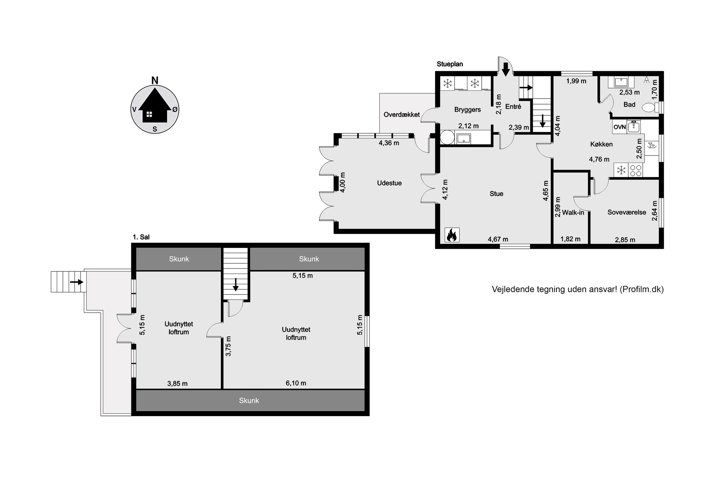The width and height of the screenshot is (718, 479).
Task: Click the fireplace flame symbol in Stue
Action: [x=452, y=235]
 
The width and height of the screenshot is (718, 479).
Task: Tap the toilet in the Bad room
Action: [x=650, y=108]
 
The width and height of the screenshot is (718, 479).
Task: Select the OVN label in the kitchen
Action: [x=619, y=127]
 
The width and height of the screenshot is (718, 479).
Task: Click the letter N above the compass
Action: [x=155, y=81]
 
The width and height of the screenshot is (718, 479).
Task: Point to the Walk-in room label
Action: [x=573, y=213]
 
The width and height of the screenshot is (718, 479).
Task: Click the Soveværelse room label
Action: [x=627, y=212]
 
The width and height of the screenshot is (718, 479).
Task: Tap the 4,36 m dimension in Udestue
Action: [x=389, y=143]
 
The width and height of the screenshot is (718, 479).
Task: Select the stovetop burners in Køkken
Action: [x=636, y=171]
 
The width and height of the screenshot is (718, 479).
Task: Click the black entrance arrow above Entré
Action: [x=506, y=69]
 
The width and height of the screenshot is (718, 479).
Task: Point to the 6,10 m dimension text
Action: [x=296, y=383]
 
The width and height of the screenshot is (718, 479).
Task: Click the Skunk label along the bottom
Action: [x=249, y=401]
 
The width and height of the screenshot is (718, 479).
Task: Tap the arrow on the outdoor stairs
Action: [x=76, y=282]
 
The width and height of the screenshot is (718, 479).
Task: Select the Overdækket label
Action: [x=402, y=114]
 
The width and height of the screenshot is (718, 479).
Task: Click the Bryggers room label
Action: [x=468, y=110]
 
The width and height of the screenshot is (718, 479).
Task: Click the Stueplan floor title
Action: [x=450, y=64]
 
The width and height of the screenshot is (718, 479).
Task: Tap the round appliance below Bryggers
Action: [x=447, y=137]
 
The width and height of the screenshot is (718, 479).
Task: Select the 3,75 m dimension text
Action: [x=228, y=346]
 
